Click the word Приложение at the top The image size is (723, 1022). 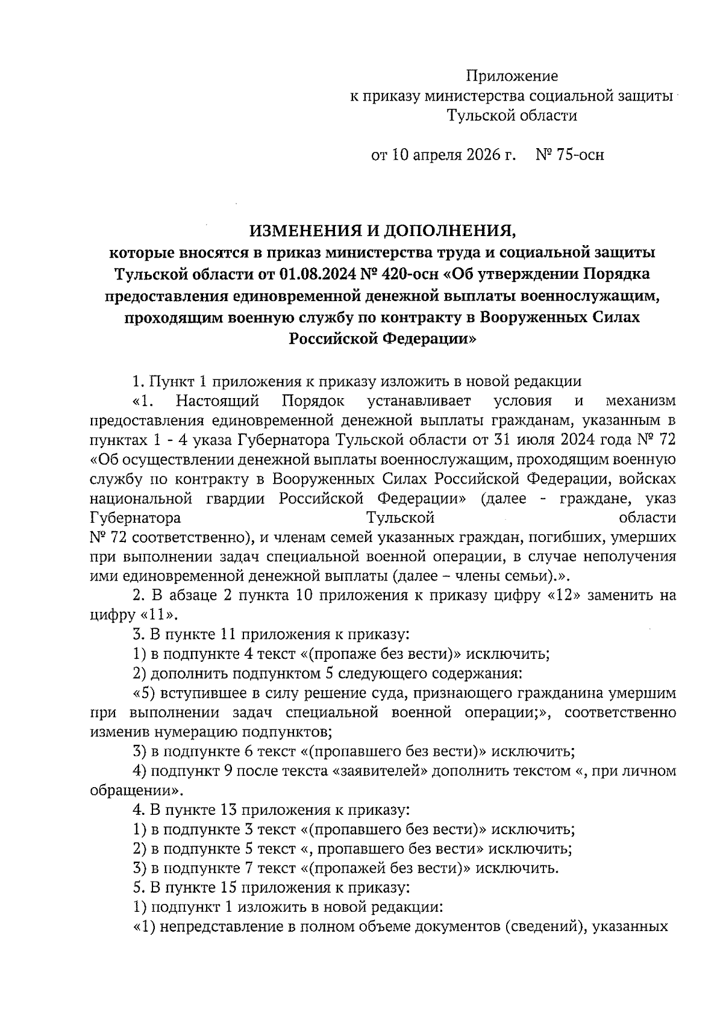[x=512, y=76]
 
